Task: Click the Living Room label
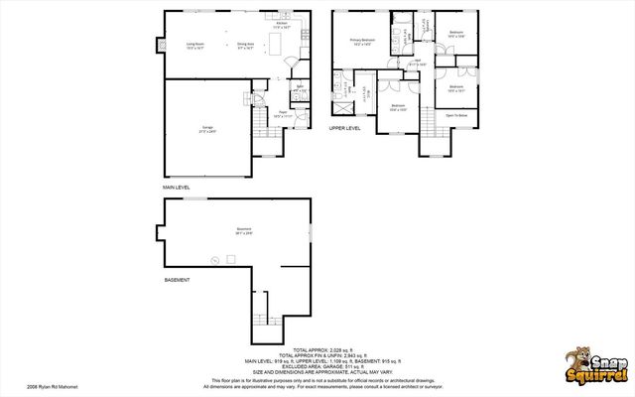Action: coord(193,44)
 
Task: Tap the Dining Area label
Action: coord(245,44)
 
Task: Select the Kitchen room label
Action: coord(282,25)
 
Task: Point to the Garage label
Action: coord(209,128)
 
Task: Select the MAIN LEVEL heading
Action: coord(177,187)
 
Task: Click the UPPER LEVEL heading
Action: coord(345,128)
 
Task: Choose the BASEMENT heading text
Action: coord(177,280)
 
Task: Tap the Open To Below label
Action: coord(456,115)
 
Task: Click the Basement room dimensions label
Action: coord(243,232)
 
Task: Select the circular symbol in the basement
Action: coord(213,261)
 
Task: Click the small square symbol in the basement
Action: coord(230,259)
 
